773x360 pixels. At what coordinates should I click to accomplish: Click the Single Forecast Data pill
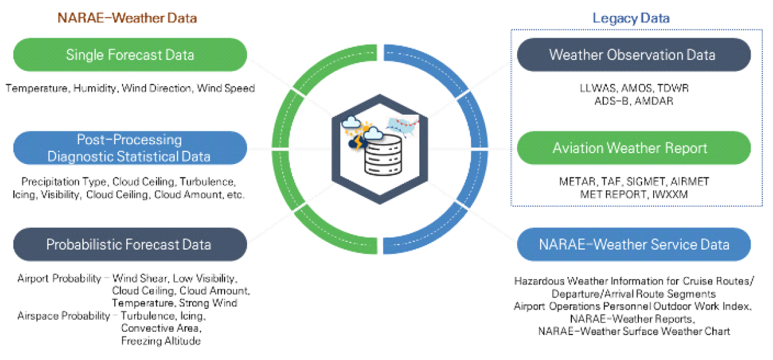click(130, 55)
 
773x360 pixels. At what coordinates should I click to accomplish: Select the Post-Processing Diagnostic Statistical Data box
click(130, 148)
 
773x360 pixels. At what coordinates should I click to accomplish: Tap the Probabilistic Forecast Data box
click(130, 244)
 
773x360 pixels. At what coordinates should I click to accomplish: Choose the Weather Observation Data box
click(633, 55)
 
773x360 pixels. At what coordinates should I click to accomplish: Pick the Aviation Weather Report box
click(633, 148)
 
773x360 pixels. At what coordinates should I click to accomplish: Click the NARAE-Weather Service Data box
click(633, 244)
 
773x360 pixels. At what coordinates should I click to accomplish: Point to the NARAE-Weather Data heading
click(127, 18)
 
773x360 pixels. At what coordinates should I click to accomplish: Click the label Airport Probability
click(59, 279)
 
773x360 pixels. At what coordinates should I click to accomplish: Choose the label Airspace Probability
click(64, 316)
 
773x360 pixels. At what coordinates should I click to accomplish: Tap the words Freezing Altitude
click(161, 341)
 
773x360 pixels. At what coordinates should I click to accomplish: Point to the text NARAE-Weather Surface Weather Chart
click(634, 331)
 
